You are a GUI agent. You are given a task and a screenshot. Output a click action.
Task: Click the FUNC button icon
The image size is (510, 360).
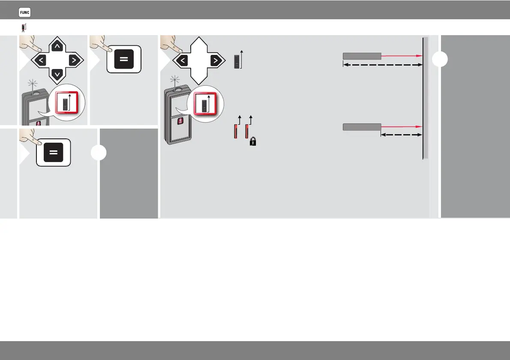pyautogui.click(x=24, y=13)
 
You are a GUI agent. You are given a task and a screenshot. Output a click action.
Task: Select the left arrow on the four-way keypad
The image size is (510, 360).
pyautogui.click(x=41, y=60)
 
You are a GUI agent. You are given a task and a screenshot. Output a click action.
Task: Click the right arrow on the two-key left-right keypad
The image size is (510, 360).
pyautogui.click(x=214, y=60)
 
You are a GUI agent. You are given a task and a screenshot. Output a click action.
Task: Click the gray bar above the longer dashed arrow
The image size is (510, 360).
pyautogui.click(x=362, y=56)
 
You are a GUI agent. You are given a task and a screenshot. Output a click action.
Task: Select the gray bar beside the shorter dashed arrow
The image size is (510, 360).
pyautogui.click(x=362, y=126)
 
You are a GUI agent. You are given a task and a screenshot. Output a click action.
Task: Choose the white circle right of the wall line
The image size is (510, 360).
pyautogui.click(x=440, y=60)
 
